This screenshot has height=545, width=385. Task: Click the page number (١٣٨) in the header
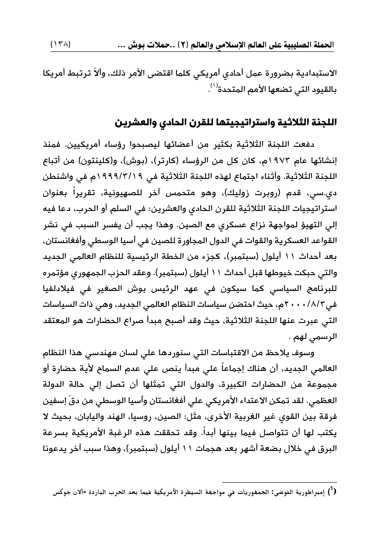point(62,45)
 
